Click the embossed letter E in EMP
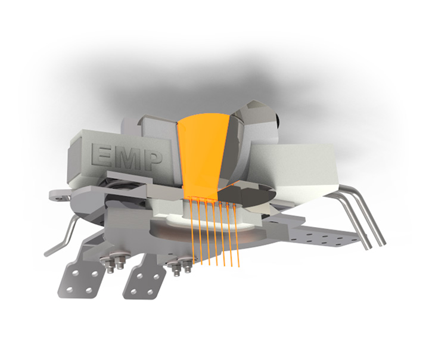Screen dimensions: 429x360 101,155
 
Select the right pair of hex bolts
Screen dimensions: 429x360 180,265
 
